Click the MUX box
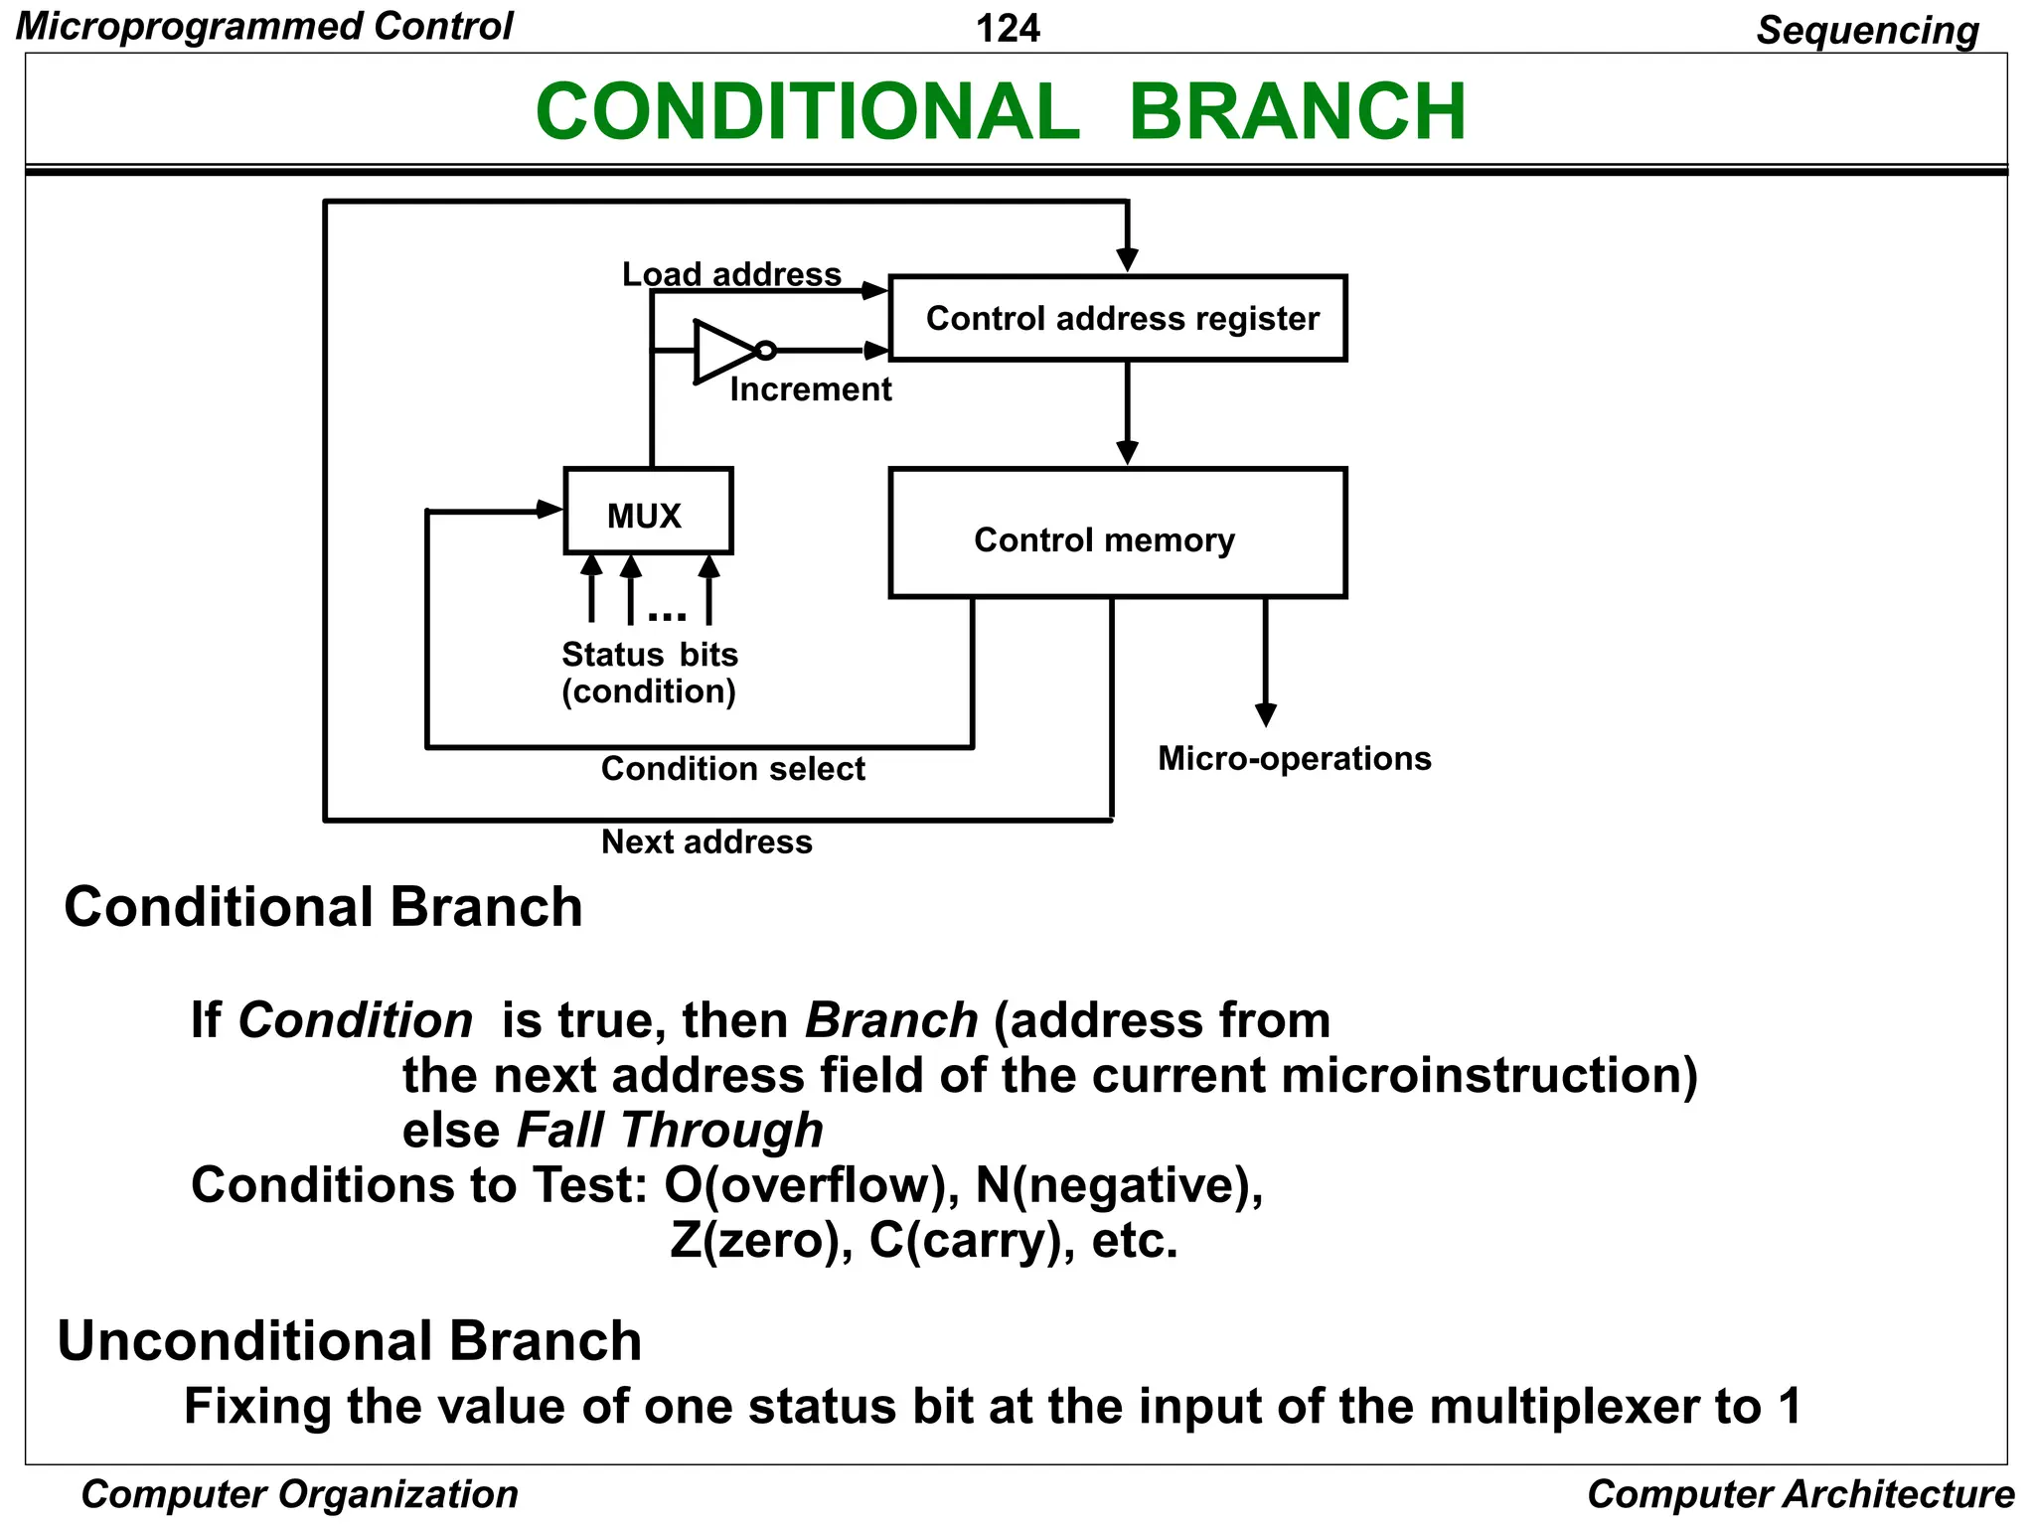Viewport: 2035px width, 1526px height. tap(648, 512)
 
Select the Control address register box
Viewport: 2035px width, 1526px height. tap(1117, 318)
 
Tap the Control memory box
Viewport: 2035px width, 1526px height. tap(1117, 534)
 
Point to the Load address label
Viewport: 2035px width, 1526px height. tap(731, 274)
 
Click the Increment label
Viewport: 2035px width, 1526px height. tap(810, 389)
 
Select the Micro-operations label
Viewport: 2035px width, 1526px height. tap(1294, 759)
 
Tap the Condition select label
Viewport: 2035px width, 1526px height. tap(732, 769)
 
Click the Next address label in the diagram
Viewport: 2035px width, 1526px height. tap(706, 842)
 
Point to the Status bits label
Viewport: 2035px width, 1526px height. tap(649, 655)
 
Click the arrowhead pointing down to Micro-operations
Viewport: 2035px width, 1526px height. tap(1265, 714)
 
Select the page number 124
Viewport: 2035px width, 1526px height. tap(1008, 28)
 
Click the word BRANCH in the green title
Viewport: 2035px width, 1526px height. tap(1297, 111)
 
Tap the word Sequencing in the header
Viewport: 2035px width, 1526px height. tap(1867, 30)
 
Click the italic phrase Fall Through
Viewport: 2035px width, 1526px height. tap(670, 1131)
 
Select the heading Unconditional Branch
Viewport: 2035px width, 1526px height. tap(349, 1341)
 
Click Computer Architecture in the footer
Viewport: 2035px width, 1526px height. tap(1800, 1494)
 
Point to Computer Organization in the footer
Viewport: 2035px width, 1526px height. tap(299, 1494)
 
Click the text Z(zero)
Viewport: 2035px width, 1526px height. tap(755, 1241)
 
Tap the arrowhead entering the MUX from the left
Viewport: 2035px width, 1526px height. tap(549, 510)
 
